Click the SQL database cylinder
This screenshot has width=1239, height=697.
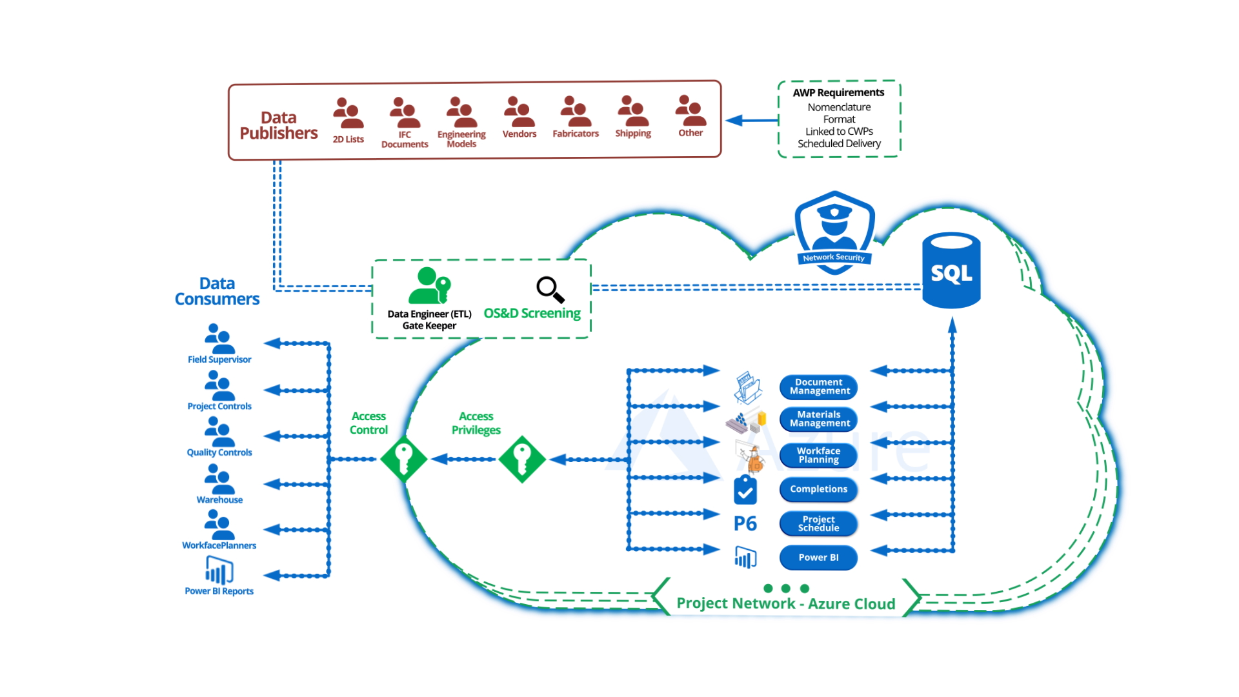[x=951, y=271]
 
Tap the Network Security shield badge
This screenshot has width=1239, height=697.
[x=834, y=232]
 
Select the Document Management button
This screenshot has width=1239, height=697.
[x=818, y=387]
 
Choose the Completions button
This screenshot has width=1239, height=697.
[x=818, y=489]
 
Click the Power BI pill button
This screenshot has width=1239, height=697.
[x=818, y=558]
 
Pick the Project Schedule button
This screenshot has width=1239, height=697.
[x=818, y=523]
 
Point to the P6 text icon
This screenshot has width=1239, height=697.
[x=745, y=523]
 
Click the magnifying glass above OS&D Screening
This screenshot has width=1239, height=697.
[x=550, y=290]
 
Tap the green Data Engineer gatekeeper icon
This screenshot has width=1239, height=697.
[x=430, y=286]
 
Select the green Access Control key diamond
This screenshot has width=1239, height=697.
[x=404, y=460]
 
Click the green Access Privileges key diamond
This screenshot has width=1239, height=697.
[x=522, y=460]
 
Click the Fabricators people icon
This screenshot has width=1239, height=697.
[x=576, y=112]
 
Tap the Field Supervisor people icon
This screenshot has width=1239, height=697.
[x=219, y=338]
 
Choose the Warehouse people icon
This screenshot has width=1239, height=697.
[x=219, y=478]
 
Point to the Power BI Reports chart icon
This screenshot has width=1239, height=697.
[x=219, y=571]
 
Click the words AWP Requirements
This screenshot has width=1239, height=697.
[x=838, y=93]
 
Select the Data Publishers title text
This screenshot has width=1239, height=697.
[x=279, y=125]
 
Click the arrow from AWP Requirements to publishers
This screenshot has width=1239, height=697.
[x=752, y=121]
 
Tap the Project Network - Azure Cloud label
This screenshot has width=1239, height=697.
[x=785, y=604]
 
